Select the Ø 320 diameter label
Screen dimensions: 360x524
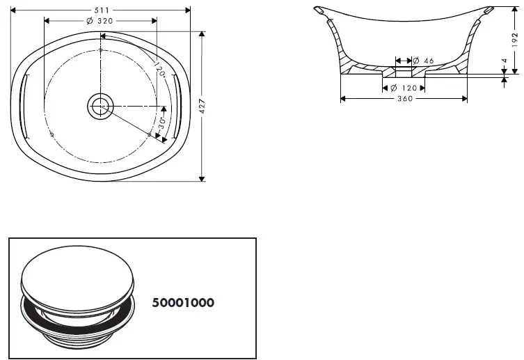pos(100,21)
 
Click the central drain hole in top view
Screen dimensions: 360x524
pos(100,106)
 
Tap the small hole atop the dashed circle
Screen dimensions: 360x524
pos(100,51)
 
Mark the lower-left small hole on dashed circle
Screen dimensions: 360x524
pos(52,133)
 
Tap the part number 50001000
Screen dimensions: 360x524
pos(183,303)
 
